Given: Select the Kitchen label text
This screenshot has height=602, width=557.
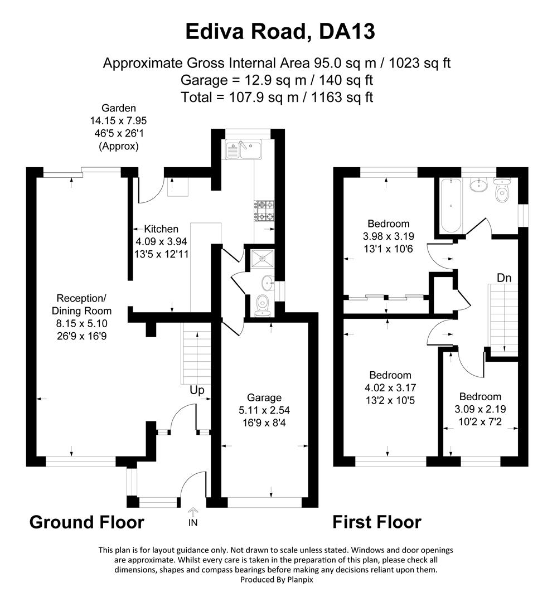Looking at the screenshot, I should [x=161, y=229].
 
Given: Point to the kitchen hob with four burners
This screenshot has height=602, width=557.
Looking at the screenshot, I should [x=264, y=210].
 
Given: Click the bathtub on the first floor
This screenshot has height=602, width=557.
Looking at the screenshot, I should [x=450, y=205].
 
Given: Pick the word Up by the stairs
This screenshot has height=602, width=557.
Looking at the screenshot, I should [x=197, y=390].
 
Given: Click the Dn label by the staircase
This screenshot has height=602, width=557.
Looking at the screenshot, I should [x=505, y=277].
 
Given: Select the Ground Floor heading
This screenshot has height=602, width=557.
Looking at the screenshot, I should [x=86, y=522].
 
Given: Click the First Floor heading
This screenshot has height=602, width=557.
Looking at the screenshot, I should [x=377, y=522].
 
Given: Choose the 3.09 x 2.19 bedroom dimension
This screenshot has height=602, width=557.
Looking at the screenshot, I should [x=480, y=408].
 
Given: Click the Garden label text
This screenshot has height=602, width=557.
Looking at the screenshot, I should [x=118, y=108].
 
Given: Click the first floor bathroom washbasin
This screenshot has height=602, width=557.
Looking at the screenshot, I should [x=478, y=185].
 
